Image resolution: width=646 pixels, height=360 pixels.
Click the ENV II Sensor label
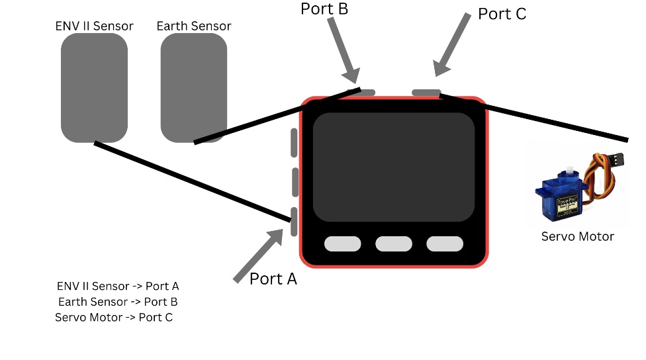pos(95,26)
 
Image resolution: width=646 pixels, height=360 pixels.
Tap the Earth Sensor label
pos(194,26)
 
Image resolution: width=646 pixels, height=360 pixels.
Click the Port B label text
pos(324,9)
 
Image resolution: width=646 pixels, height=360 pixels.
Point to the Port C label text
pos(502,14)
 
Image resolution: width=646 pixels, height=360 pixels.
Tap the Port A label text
pos(273,279)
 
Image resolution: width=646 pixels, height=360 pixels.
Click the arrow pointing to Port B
pos(342,47)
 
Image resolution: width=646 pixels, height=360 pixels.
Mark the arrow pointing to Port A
pos(259,255)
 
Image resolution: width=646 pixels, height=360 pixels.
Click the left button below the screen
pos(342,244)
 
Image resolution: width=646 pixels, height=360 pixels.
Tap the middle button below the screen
pos(393,244)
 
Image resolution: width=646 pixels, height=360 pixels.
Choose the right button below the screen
pos(444,244)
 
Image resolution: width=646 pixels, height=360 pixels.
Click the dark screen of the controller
pos(393,167)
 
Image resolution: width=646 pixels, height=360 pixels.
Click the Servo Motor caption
pos(577,236)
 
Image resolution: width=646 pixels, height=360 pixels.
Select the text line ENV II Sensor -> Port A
pos(118,287)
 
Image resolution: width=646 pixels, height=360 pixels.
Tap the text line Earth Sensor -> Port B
pos(118,302)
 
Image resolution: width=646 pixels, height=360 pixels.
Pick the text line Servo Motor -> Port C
pos(114,318)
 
